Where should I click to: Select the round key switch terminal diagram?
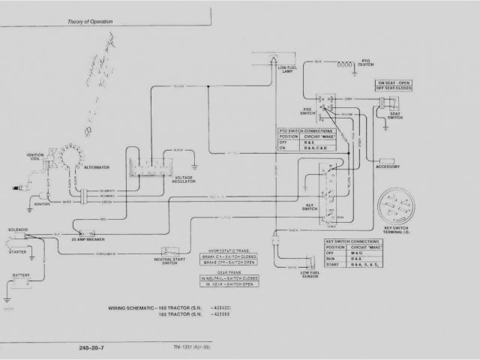[399, 205]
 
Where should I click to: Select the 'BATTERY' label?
[21, 275]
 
